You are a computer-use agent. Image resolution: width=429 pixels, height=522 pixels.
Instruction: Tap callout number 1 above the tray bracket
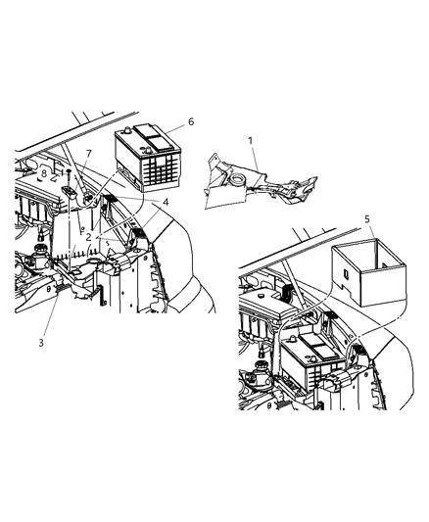click(x=251, y=140)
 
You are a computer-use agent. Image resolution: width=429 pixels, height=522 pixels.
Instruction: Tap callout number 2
click(x=89, y=236)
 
